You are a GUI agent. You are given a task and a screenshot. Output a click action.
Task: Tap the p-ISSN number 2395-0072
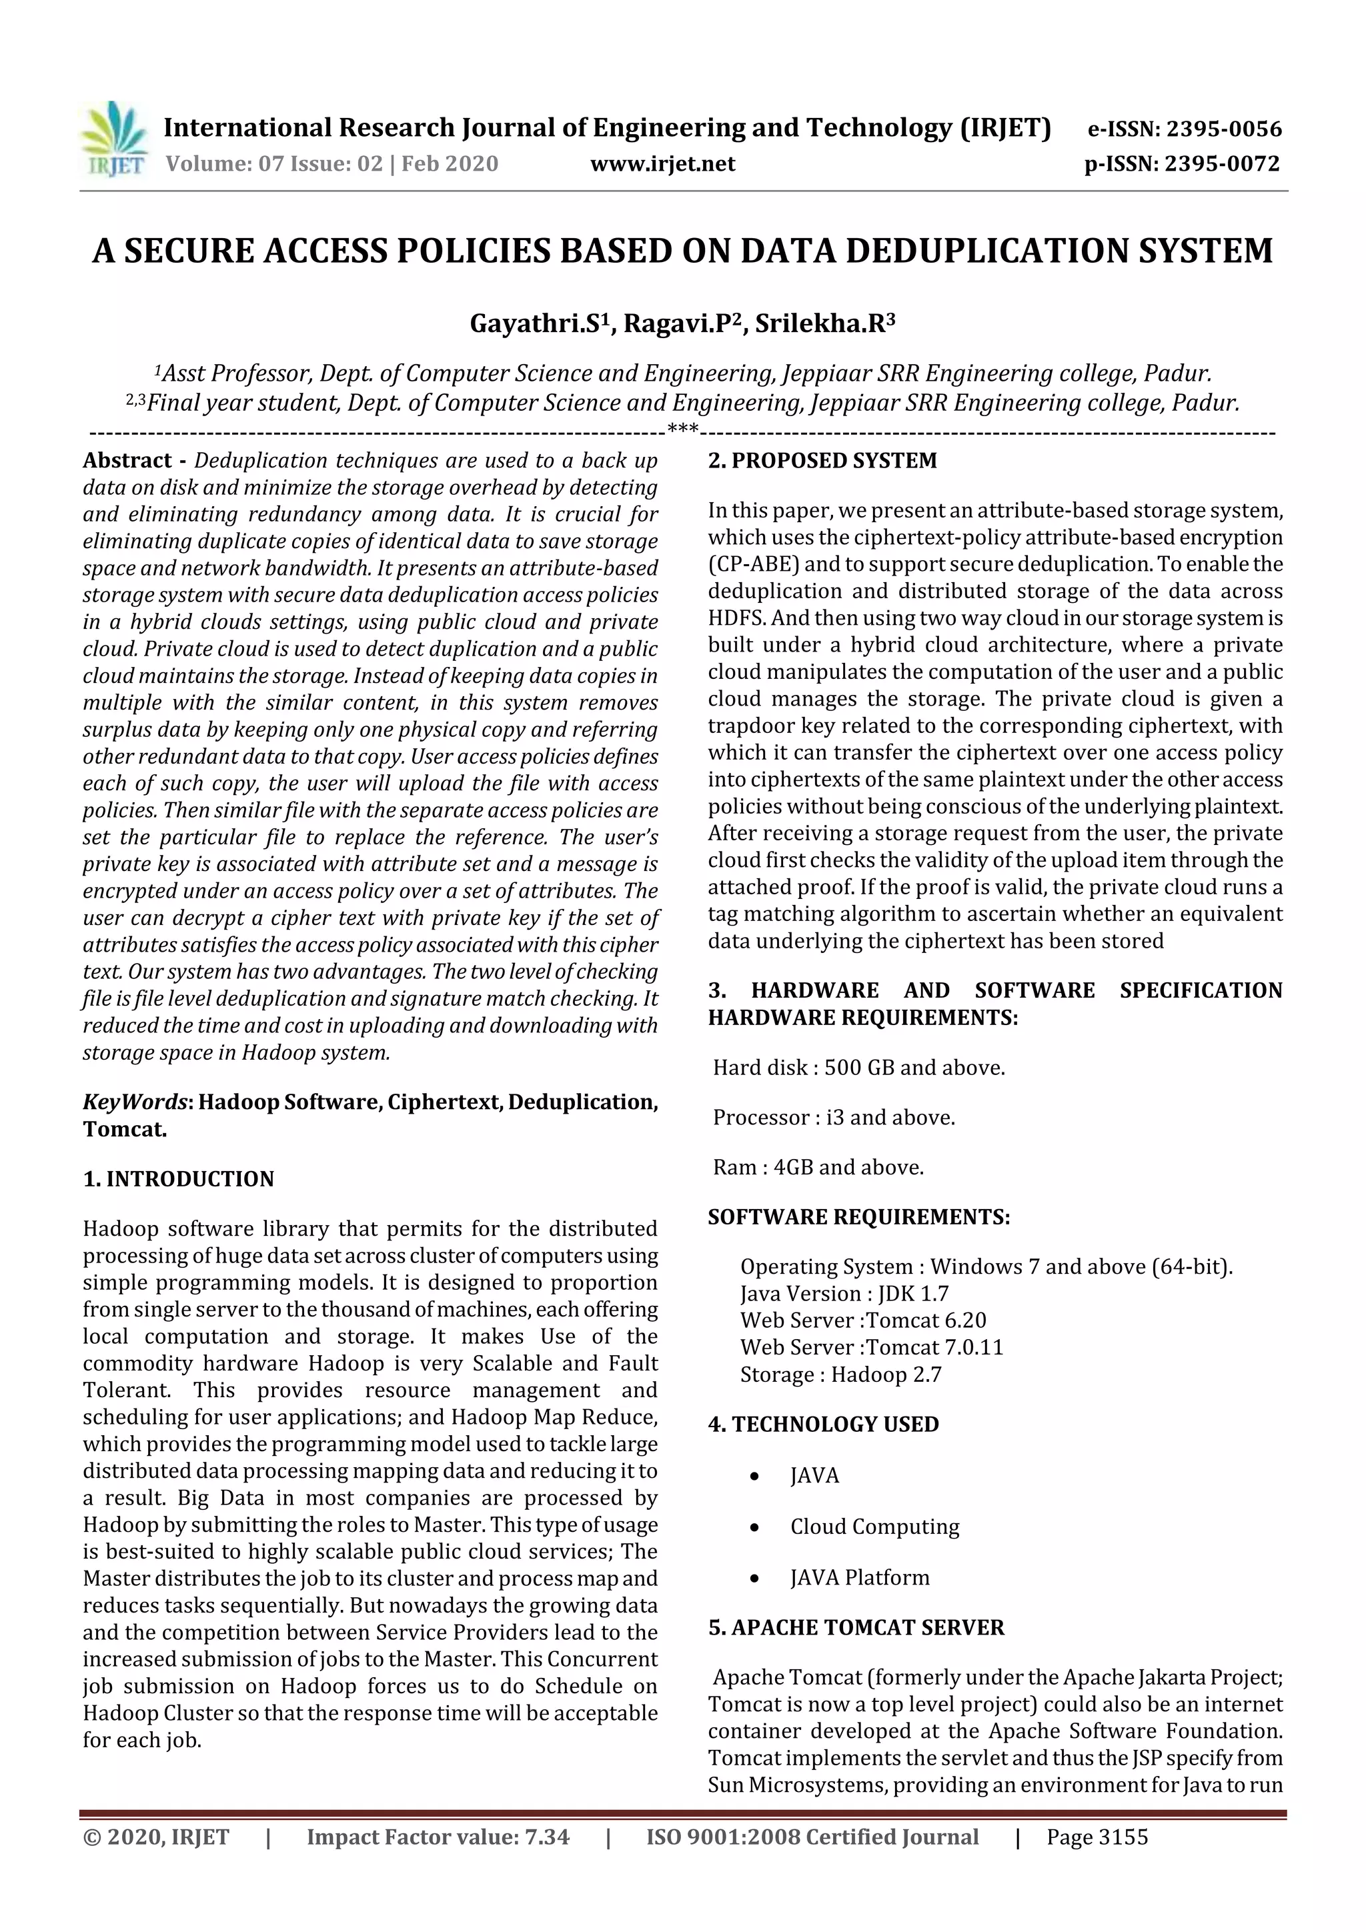click(x=1221, y=163)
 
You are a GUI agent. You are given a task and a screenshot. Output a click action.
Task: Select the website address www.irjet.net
click(x=662, y=163)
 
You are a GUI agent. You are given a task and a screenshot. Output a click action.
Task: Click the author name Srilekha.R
click(x=822, y=324)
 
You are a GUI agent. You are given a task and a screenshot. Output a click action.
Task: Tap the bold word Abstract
click(x=127, y=460)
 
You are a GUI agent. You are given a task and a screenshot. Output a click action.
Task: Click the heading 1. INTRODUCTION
click(x=179, y=1179)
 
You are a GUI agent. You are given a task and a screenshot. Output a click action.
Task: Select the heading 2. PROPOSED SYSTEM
click(x=822, y=460)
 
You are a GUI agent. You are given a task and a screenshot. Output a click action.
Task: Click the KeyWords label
click(x=135, y=1102)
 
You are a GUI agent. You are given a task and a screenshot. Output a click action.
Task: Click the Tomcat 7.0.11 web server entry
click(x=934, y=1347)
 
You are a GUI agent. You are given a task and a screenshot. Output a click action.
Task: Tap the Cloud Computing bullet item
click(x=874, y=1527)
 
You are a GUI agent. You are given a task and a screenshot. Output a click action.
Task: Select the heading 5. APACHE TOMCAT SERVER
click(x=856, y=1627)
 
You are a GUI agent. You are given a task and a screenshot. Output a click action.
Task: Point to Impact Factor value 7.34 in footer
click(x=438, y=1837)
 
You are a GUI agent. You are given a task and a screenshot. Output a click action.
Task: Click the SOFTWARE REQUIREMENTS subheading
click(x=858, y=1217)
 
